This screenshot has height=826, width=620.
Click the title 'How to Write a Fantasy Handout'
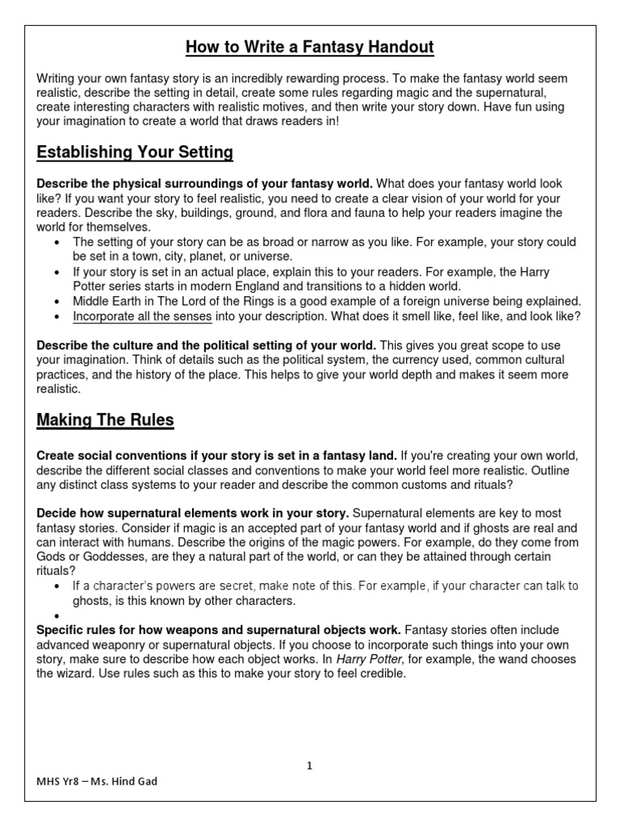click(310, 48)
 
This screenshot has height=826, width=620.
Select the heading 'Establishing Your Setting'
click(135, 152)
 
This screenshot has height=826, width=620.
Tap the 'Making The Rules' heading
click(105, 419)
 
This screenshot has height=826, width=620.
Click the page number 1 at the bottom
click(309, 766)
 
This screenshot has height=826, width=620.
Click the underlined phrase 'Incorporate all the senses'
click(142, 316)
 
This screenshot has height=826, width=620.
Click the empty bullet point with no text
click(55, 615)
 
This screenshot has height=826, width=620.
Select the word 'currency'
click(403, 360)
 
